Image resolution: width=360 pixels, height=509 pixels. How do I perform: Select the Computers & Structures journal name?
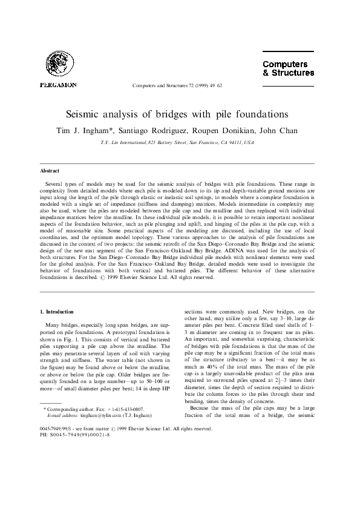pos(288,68)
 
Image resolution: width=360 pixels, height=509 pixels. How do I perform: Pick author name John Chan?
pos(286,131)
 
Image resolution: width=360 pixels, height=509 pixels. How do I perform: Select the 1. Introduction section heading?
pos(56,310)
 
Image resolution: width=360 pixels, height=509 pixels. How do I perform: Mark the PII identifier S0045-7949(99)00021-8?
pos(79,486)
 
